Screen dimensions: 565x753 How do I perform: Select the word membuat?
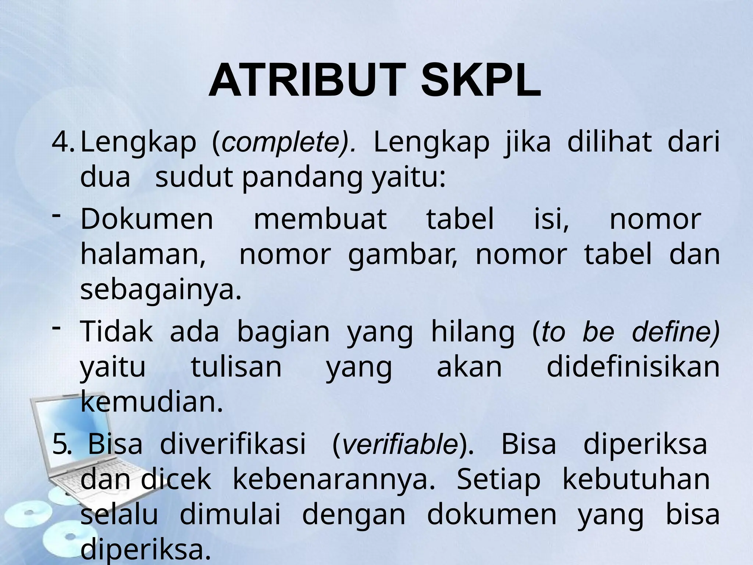pos(320,220)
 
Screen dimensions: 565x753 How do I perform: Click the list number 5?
pos(60,444)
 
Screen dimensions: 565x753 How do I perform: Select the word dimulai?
pos(230,515)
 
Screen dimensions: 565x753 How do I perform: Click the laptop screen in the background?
pos(55,438)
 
